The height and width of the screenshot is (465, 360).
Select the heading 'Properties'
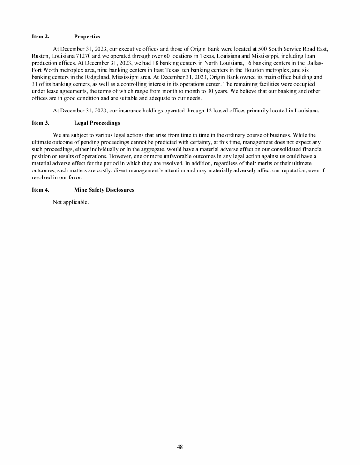[x=87, y=36]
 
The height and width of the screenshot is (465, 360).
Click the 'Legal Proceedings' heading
[x=97, y=123]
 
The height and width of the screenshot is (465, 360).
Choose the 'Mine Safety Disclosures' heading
[x=104, y=190]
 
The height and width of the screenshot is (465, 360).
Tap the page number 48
[x=180, y=446]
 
